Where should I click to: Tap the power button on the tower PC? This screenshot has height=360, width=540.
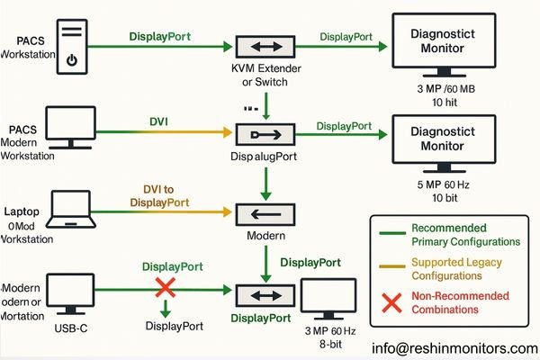[x=70, y=61]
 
